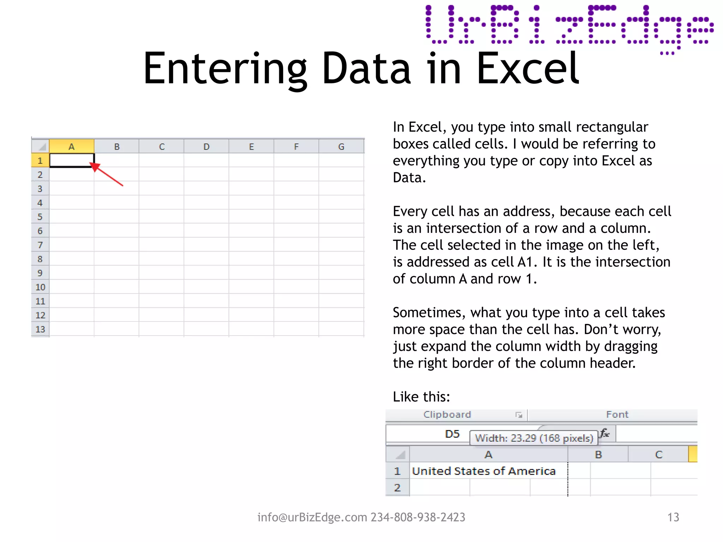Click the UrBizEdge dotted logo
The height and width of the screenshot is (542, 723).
(x=569, y=28)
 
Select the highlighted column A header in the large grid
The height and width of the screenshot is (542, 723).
(x=72, y=146)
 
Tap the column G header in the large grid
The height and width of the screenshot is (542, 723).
(x=341, y=146)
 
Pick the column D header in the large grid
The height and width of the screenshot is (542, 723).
(x=207, y=146)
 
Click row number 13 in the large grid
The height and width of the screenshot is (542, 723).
(x=40, y=329)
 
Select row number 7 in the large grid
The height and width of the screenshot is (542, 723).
(x=40, y=245)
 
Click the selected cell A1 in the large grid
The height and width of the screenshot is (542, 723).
(x=72, y=160)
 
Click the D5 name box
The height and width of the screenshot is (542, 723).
(x=452, y=434)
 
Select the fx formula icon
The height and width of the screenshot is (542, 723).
(x=605, y=433)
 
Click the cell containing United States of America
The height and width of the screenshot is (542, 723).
(x=484, y=471)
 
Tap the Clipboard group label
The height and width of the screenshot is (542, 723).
(x=447, y=415)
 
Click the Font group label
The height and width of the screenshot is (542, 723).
(x=617, y=415)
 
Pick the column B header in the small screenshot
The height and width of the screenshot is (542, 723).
(x=598, y=454)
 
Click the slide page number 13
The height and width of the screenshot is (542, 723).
(x=673, y=517)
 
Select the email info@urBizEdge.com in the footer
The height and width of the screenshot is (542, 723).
(x=312, y=517)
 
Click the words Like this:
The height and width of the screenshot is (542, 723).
(x=422, y=397)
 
